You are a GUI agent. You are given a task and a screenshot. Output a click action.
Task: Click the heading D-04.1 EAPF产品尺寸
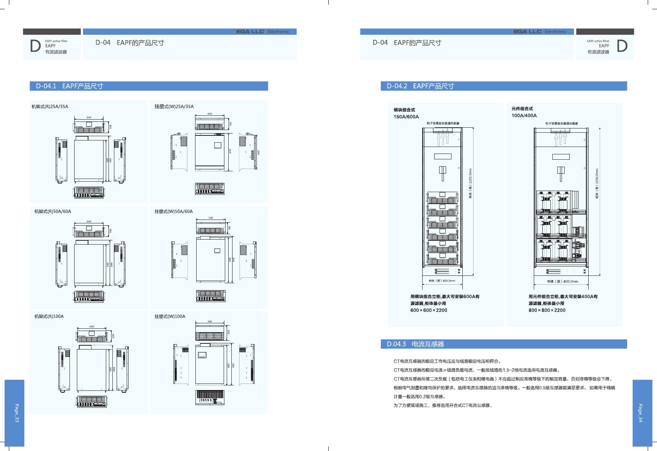(x=70, y=86)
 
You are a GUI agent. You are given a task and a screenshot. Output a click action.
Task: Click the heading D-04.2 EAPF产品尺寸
(x=420, y=86)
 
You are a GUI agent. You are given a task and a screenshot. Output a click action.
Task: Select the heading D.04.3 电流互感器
(x=415, y=344)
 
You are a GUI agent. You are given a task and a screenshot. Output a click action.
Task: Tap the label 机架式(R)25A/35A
(x=50, y=106)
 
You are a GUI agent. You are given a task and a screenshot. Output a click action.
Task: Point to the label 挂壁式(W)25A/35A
(x=174, y=106)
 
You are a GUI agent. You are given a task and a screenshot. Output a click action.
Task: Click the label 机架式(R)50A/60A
(x=53, y=211)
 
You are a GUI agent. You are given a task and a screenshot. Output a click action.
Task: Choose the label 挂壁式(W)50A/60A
(x=173, y=211)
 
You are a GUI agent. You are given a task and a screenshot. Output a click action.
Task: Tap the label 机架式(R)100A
(x=49, y=316)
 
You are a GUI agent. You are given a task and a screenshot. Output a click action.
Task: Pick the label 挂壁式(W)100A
(x=170, y=316)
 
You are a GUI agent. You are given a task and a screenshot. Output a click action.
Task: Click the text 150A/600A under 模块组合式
(x=406, y=117)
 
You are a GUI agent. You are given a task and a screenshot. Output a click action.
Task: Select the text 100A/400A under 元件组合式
(x=524, y=115)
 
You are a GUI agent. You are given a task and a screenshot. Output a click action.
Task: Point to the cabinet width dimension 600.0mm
(x=442, y=280)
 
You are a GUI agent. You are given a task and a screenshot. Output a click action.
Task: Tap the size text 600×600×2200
(x=429, y=310)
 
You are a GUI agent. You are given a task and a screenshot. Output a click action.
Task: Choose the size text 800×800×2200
(x=547, y=310)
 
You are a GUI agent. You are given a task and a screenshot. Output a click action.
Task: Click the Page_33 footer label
(x=17, y=413)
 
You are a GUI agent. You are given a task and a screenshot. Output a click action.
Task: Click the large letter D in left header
(x=35, y=46)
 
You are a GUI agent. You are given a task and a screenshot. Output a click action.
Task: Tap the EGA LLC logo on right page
(x=527, y=32)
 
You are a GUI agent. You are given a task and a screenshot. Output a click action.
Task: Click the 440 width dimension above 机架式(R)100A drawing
(x=92, y=327)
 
